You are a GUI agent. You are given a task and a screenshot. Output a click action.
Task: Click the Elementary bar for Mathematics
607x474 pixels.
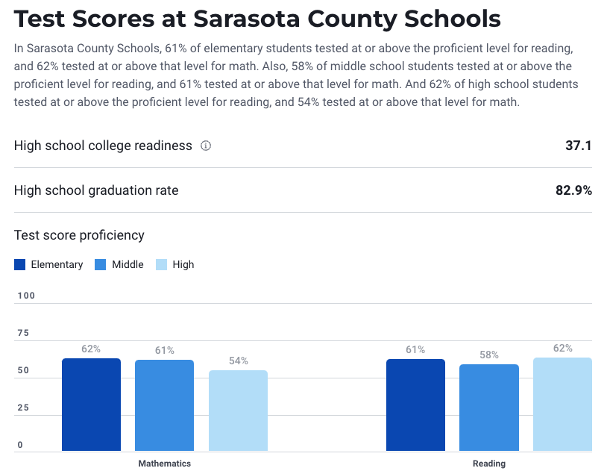(x=91, y=405)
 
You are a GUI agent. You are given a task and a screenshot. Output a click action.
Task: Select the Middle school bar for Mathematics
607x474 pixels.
(x=164, y=405)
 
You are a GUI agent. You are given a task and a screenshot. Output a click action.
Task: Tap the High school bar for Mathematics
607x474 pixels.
(x=238, y=411)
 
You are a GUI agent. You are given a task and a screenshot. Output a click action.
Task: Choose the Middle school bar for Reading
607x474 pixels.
(x=488, y=408)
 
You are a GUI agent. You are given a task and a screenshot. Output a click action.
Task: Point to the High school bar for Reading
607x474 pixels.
(x=562, y=404)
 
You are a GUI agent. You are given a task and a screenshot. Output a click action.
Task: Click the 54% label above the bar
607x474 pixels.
(x=239, y=361)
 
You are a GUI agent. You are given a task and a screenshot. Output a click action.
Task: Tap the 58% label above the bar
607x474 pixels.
(x=489, y=355)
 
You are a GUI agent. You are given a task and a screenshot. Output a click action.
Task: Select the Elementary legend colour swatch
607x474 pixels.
(x=20, y=264)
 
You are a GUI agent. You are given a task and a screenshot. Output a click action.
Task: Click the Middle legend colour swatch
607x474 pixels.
(x=101, y=264)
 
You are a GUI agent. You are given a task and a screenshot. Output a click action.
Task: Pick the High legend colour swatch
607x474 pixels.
(x=161, y=264)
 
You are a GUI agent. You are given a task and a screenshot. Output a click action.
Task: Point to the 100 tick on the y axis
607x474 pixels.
(x=26, y=296)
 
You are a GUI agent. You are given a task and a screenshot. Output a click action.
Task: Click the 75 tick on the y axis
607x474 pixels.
(x=22, y=333)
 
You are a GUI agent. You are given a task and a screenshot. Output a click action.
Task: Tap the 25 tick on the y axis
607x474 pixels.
(x=22, y=408)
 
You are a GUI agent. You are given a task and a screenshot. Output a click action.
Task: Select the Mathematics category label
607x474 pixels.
(x=165, y=464)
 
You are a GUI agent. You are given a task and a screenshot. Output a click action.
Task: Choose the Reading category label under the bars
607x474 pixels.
(x=489, y=464)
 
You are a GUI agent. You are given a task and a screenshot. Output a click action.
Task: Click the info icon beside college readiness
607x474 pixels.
(x=206, y=146)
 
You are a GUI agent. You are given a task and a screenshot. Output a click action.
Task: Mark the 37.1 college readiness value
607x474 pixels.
(x=578, y=146)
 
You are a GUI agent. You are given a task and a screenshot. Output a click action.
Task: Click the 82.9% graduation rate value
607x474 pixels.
(x=573, y=190)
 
